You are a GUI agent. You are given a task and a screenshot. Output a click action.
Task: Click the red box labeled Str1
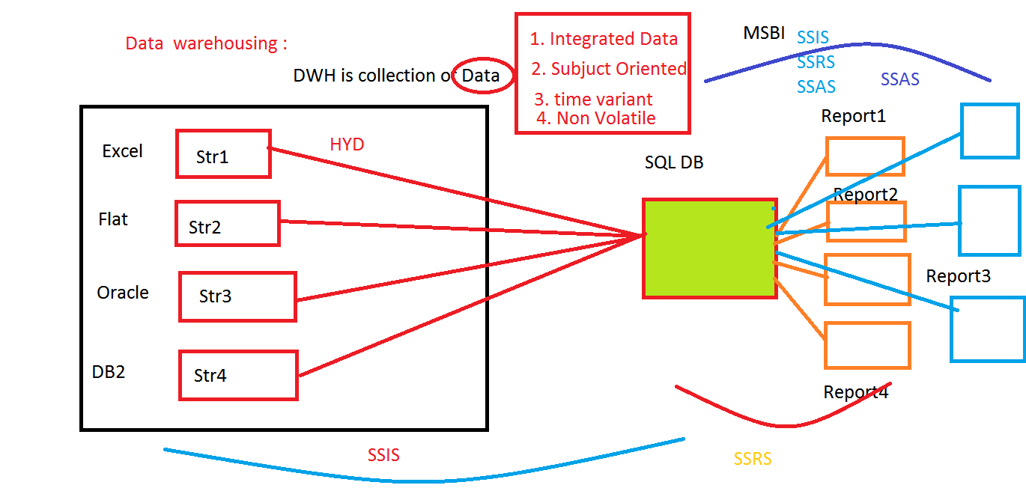pos(222,154)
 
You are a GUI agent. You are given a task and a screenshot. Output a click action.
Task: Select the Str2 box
pos(227,224)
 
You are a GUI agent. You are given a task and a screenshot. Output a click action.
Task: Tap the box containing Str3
pos(237,296)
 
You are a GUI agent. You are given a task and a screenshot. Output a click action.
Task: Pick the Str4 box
pos(238,375)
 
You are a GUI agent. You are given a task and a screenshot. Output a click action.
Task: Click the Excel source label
pos(122,151)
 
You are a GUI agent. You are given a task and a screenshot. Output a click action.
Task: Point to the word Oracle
pos(123,293)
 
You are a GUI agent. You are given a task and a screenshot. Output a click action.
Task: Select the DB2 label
pos(109,371)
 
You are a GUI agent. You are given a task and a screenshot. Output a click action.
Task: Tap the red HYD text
pos(347,144)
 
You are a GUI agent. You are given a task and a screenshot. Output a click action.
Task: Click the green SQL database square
pos(708,249)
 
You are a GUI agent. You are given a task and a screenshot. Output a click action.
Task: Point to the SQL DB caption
pos(674,162)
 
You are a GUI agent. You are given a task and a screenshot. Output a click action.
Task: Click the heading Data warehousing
pos(206,43)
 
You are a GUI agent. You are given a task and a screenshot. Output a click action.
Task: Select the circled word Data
pos(481,76)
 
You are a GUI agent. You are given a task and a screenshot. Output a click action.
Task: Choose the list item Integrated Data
pos(604,39)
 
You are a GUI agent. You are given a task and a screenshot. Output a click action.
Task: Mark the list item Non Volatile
pos(596,118)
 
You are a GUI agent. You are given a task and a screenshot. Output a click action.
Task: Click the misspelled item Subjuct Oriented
pos(609,69)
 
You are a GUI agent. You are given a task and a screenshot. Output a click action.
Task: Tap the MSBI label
pos(764,33)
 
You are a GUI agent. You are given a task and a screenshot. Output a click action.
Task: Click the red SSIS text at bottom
pos(383,455)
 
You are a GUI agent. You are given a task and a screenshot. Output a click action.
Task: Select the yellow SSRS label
pos(753,459)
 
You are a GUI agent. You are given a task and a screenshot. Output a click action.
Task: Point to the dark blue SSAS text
pos(900,79)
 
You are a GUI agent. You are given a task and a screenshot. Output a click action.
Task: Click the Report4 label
pos(856,392)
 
